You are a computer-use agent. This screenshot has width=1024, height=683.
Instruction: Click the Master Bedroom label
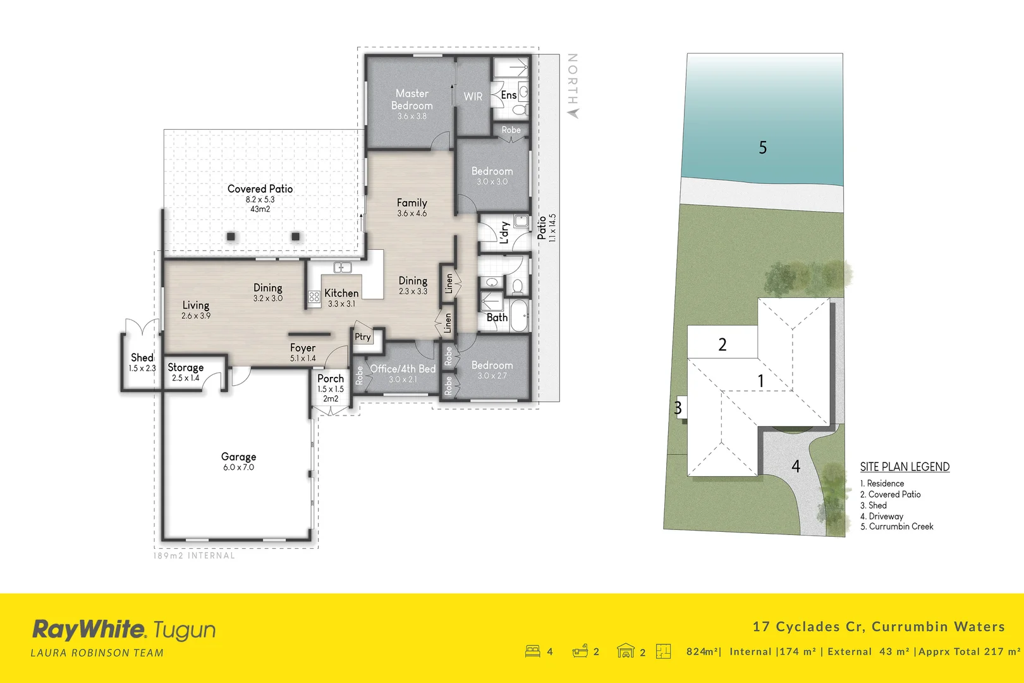pos(412,100)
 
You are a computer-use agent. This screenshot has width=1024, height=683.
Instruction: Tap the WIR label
pos(473,96)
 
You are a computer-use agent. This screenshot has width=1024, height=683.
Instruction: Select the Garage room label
pos(238,457)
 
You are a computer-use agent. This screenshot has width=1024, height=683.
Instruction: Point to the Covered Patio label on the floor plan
pos(260,189)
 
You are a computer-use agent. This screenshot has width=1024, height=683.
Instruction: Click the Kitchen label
pos(341,293)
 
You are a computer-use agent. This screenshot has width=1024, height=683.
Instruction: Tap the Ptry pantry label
pos(363,337)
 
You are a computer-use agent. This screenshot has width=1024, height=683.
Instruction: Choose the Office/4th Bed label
pos(403,369)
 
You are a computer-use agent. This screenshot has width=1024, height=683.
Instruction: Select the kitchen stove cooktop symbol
pos(314,296)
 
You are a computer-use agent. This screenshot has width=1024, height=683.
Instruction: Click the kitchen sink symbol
pos(342,268)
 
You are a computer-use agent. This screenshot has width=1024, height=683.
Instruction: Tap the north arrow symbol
pos(573,113)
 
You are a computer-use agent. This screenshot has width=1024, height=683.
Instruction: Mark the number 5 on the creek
pos(762,148)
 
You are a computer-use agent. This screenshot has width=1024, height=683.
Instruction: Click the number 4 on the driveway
pos(796,467)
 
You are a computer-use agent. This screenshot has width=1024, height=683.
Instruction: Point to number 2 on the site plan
pos(722,345)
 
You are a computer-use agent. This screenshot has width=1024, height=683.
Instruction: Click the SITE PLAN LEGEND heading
pos(905,467)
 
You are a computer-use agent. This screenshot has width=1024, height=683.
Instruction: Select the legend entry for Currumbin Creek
pos(896,526)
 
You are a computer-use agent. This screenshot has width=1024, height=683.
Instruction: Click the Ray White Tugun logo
pos(124,630)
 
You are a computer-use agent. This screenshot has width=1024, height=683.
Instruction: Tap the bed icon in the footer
pos(532,651)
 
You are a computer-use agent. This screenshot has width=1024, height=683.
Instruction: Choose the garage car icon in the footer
pos(625,651)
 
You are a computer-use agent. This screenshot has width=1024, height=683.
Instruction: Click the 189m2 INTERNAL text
pos(194,556)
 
